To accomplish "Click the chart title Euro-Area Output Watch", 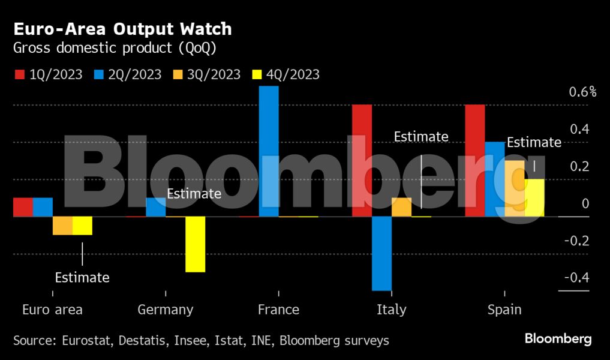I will (x=122, y=29).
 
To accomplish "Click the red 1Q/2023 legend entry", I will (x=48, y=74).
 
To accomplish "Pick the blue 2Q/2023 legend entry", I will (x=127, y=74).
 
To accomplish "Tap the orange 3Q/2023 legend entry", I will (x=207, y=74).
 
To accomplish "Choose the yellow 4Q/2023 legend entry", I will (x=286, y=74).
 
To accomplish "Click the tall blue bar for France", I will (x=269, y=151).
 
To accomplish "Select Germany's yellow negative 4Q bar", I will (x=195, y=244).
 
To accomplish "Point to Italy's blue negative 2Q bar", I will (x=381, y=253).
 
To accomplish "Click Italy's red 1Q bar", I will (x=362, y=161).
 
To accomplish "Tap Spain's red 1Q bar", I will (x=475, y=161).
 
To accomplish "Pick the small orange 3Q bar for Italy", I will (x=401, y=207).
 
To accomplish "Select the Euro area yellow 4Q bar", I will (x=82, y=226).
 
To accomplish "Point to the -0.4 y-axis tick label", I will (x=576, y=278).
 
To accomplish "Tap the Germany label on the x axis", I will (x=166, y=310).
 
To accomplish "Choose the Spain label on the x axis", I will (x=504, y=310).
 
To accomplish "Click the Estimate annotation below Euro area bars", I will (x=82, y=278).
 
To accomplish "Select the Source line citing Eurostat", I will (x=201, y=341).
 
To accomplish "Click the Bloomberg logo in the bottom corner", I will (x=558, y=339).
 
